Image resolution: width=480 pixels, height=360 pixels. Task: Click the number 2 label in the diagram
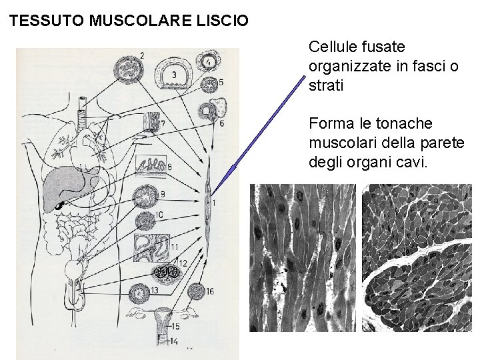pos(142,55)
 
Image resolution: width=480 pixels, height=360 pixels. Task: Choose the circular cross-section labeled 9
pos(145,197)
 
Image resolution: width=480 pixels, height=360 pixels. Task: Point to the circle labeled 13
pos(140,292)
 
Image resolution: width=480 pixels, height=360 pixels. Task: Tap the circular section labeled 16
pos(197,291)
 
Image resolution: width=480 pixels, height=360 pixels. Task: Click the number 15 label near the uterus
pos(175,327)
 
